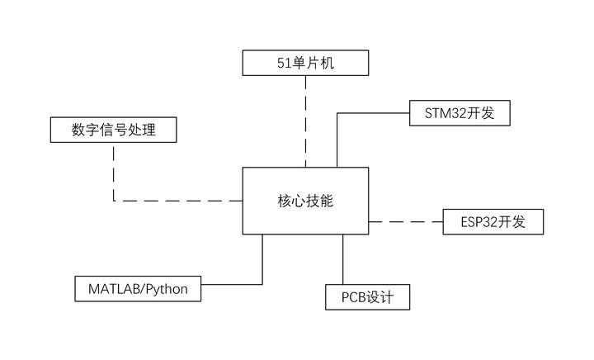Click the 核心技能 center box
coord(305,201)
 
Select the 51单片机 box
coord(305,62)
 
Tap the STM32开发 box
coord(460,113)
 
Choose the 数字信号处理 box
coord(113,130)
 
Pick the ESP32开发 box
coord(492,222)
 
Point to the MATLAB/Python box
coord(138,289)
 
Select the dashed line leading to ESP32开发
coord(403,221)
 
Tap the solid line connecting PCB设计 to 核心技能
coord(343,259)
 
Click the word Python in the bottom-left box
coord(167,289)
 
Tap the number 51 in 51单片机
coord(285,62)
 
